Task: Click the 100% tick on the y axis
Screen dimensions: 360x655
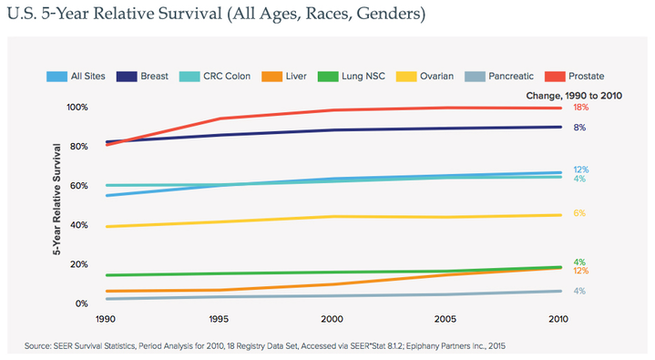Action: click(x=78, y=108)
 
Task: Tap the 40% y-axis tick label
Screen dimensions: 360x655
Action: click(x=81, y=225)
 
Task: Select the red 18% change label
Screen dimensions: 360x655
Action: click(x=579, y=108)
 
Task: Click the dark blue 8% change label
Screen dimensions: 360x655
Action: click(x=578, y=128)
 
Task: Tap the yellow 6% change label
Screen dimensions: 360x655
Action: click(x=578, y=213)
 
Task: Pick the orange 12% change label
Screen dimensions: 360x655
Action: click(x=579, y=272)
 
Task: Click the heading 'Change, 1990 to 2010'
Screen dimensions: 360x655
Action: click(x=574, y=95)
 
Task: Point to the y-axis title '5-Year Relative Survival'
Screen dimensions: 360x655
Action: click(x=59, y=205)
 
